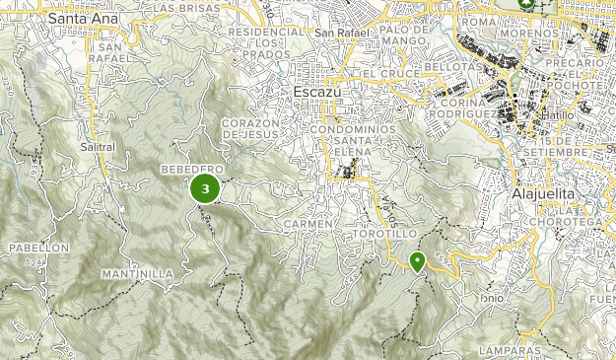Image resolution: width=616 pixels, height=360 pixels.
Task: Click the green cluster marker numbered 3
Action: point(205,187)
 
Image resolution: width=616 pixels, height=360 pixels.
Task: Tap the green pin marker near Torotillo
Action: point(417,261)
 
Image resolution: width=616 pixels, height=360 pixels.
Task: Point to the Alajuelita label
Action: point(548,194)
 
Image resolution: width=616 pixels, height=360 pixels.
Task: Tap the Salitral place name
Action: point(98,147)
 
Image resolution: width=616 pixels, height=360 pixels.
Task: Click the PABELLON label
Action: point(38,247)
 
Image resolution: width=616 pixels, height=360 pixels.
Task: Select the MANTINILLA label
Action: point(137,273)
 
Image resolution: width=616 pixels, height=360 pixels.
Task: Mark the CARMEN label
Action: point(303,225)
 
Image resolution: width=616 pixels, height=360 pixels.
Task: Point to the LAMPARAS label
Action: point(511,350)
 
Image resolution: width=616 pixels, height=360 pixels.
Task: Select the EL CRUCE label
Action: point(384,74)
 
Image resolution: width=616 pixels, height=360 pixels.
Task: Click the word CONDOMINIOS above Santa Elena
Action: point(352,129)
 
